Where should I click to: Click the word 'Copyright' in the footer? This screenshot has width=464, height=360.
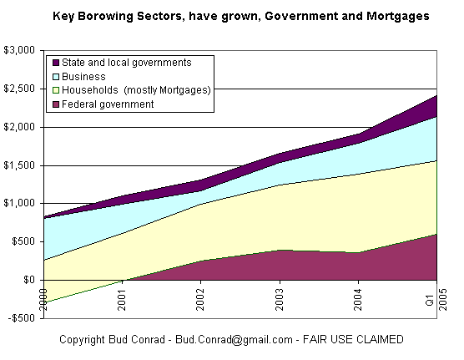[x=84, y=340]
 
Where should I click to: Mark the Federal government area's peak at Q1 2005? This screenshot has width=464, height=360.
[x=436, y=235]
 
